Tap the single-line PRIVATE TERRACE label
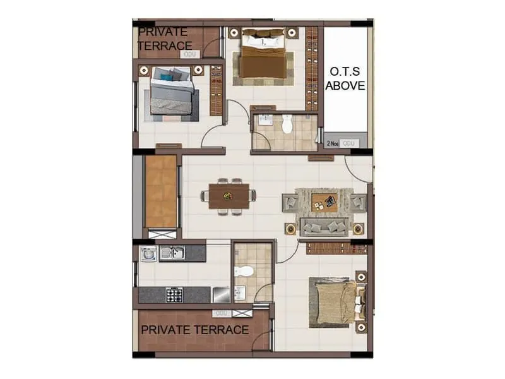click(194, 330)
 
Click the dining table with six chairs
click(229, 195)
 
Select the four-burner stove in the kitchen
click(174, 294)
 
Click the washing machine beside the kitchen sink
click(148, 254)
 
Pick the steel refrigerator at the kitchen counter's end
click(220, 294)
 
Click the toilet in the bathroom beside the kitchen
click(244, 272)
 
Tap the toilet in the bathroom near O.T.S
click(288, 125)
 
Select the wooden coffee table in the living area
click(324, 202)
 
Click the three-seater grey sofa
click(323, 226)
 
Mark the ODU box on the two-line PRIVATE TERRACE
click(188, 54)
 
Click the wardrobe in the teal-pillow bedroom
click(217, 90)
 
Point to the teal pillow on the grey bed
click(167, 77)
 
